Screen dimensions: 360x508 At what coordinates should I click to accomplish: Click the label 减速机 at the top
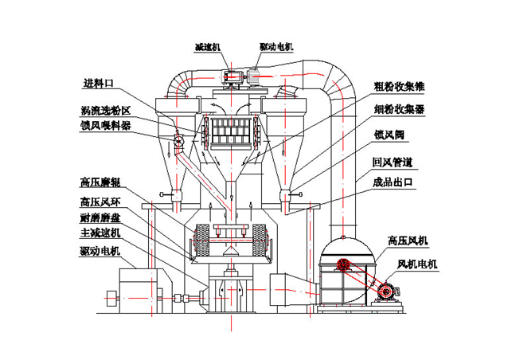[209, 48]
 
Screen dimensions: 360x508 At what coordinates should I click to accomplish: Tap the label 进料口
[102, 83]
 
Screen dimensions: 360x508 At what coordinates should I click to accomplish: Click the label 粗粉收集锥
[393, 86]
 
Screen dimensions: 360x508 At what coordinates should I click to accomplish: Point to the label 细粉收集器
[393, 108]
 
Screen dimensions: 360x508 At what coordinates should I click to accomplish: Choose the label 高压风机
[406, 239]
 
